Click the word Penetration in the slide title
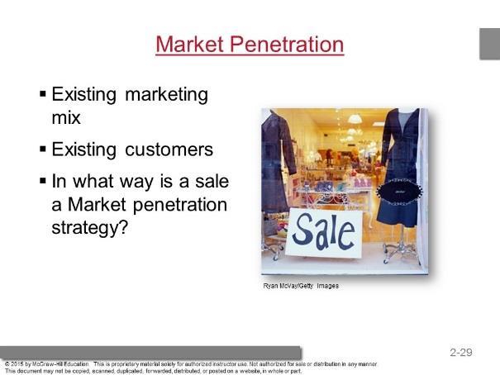pos(287,44)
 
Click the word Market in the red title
pos(189,44)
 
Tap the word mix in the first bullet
pos(66,117)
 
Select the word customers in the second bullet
pos(169,150)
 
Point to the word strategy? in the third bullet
pos(89,228)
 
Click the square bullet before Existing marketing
pos(43,94)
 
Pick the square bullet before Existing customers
pos(43,149)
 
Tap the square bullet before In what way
pos(43,181)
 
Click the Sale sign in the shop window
pos(324,233)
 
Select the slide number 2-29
pos(461,352)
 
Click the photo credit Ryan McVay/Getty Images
pos(301,286)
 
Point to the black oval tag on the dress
pos(399,192)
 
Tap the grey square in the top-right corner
pos(490,44)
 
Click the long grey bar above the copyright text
pos(150,353)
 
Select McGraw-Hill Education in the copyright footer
pos(60,363)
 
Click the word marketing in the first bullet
pos(166,95)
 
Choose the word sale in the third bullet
pos(212,181)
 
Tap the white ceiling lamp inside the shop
pos(355,119)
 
